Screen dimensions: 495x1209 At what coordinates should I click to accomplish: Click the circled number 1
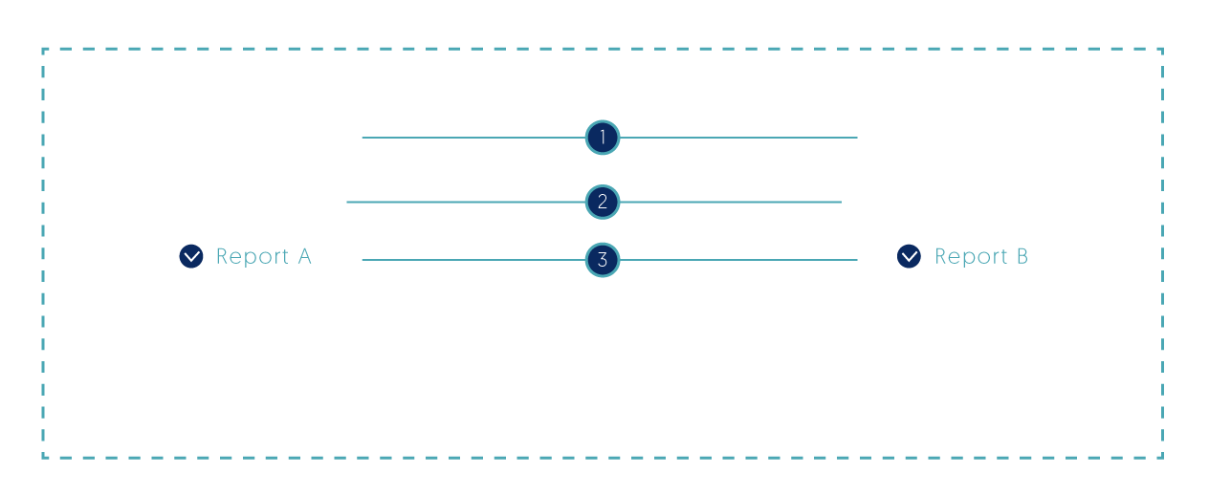(603, 139)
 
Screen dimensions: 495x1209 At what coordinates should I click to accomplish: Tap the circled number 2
(603, 203)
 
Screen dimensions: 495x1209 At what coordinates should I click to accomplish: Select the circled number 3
(603, 259)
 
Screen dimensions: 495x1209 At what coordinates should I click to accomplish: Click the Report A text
(264, 256)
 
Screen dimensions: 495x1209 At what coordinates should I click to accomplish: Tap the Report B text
(981, 256)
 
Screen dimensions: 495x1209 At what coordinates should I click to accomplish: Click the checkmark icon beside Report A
(191, 256)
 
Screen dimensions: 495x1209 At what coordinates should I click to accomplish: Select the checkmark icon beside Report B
(909, 256)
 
